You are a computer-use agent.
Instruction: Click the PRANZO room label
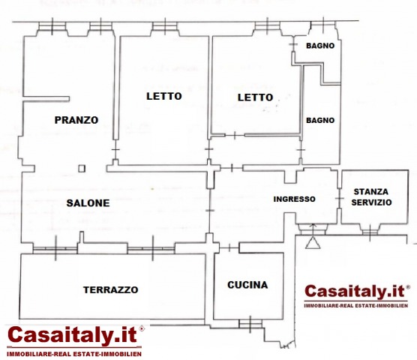click(76, 120)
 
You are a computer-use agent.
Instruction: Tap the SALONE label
click(88, 203)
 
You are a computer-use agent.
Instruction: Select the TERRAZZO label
click(111, 289)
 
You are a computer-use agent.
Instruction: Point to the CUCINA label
click(247, 285)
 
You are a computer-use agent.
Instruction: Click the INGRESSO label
click(295, 199)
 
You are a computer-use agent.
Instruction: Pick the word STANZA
click(371, 192)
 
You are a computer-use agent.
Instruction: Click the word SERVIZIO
click(371, 202)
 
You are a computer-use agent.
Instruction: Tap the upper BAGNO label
click(320, 46)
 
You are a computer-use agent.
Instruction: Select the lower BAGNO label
click(320, 121)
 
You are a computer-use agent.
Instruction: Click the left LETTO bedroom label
click(164, 96)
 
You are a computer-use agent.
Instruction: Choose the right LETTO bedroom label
click(255, 97)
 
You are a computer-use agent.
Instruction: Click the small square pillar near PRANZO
click(82, 169)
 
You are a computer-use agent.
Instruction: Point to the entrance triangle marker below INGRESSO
click(313, 243)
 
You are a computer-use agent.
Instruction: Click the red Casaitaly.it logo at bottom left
click(74, 341)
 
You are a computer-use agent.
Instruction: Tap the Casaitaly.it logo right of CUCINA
click(356, 296)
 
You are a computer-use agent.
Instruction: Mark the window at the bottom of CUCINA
click(250, 324)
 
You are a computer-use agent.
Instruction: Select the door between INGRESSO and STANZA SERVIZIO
click(339, 198)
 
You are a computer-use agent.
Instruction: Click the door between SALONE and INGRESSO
click(210, 210)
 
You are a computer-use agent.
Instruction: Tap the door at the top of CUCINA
click(229, 248)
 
